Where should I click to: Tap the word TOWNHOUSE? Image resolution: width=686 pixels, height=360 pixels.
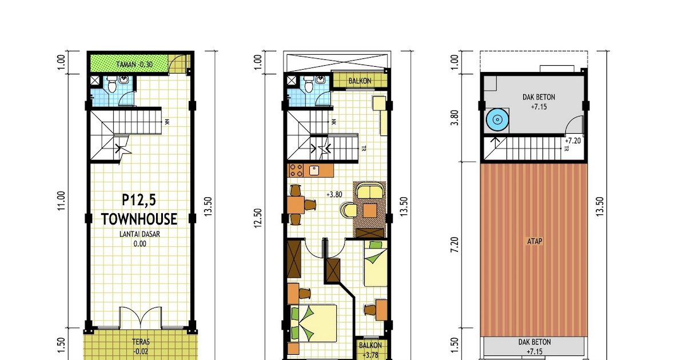click(x=139, y=219)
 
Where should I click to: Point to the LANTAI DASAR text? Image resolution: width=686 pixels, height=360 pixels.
click(x=139, y=234)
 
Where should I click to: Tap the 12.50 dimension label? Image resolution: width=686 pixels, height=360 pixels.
click(x=258, y=217)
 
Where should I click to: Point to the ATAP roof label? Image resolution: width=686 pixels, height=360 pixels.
click(x=535, y=241)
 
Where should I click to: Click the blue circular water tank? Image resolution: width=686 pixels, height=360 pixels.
click(x=496, y=120)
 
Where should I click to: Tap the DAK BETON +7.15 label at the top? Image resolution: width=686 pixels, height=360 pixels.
click(x=539, y=102)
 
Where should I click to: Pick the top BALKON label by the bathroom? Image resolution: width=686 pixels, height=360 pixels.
click(x=360, y=81)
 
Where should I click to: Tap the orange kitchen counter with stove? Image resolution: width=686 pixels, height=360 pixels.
click(x=311, y=170)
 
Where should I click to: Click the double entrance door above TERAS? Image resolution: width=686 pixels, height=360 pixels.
click(x=139, y=318)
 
